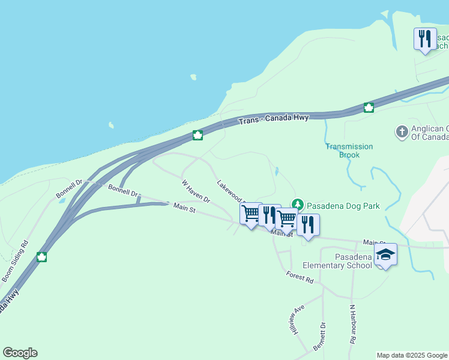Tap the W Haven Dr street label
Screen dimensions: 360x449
pos(196,190)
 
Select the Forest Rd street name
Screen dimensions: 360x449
pos(300,277)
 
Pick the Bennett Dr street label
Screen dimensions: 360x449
pos(319,337)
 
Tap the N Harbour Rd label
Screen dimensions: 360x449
pos(352,323)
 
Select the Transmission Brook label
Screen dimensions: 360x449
pos(349,151)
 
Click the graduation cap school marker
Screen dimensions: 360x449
pos(385,254)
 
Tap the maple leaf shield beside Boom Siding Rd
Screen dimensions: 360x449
pos(41,257)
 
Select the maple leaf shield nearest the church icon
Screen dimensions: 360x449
pos(369,107)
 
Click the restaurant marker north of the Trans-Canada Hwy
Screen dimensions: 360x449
pos(425,39)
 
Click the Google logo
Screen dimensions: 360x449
pos(20,353)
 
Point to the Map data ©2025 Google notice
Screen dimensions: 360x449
pos(412,355)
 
